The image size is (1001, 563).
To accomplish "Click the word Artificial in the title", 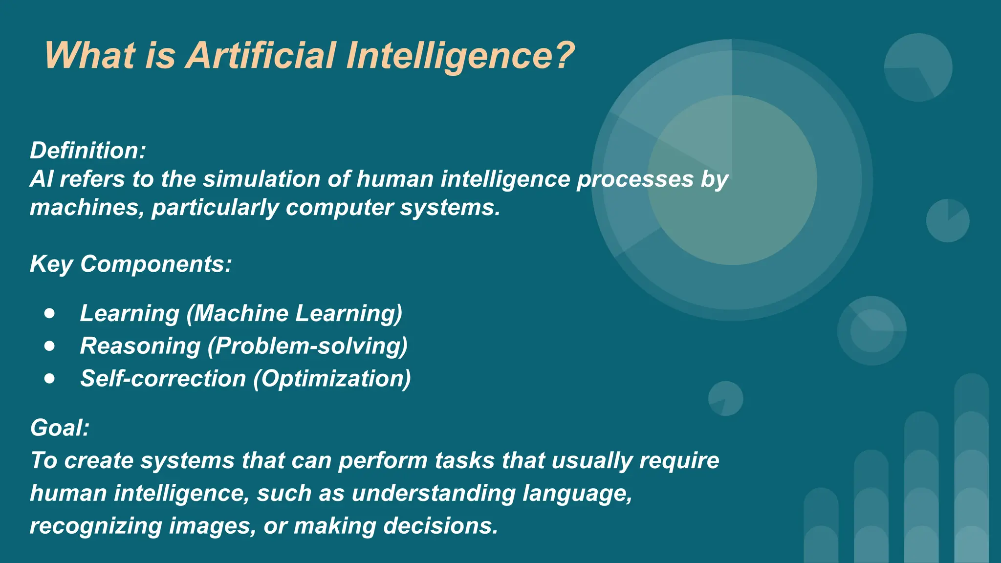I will point(261,55).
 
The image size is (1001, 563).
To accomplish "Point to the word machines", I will point(87,208).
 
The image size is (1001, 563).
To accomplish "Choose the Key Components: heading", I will point(131,264).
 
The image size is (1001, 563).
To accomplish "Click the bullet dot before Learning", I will point(49,313).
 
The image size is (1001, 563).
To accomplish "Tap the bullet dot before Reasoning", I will point(49,346).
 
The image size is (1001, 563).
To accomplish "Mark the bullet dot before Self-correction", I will point(49,378).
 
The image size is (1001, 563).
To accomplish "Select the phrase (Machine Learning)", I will point(294,313).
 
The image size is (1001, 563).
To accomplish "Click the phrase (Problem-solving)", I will point(307,346).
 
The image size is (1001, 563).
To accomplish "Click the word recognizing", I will point(96,526).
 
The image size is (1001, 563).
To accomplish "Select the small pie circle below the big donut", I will point(725,399).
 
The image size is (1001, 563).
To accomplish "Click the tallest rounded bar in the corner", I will point(971,469).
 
